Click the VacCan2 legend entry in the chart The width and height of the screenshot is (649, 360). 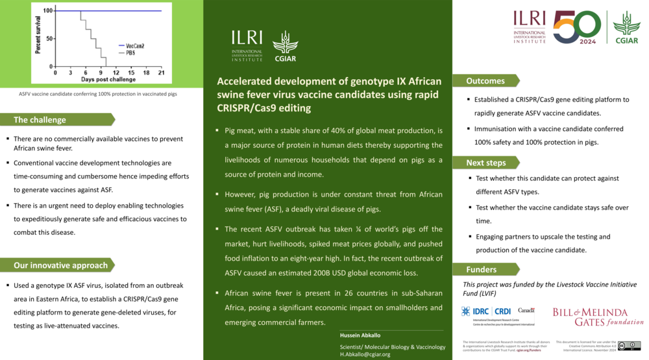click(x=134, y=46)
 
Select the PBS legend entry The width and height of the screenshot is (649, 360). click(x=130, y=52)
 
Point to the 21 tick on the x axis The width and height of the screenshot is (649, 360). click(x=161, y=72)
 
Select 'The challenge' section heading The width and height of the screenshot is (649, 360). click(x=40, y=119)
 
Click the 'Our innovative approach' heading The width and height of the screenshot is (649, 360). click(x=60, y=265)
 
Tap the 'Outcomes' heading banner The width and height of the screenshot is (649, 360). click(x=485, y=81)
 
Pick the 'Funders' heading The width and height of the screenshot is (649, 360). click(x=482, y=269)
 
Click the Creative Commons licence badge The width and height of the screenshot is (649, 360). click(x=629, y=345)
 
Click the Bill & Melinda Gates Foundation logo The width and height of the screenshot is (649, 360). click(x=598, y=317)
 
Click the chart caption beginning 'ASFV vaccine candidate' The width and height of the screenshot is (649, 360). click(x=97, y=93)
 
